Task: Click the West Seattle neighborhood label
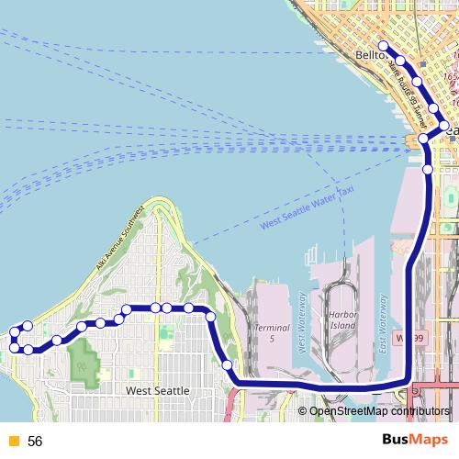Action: point(158,391)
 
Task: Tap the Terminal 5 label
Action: point(272,332)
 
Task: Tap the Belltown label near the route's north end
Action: point(368,56)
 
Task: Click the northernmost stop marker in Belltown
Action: point(384,45)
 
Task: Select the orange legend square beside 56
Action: point(14,441)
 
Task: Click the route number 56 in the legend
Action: point(36,441)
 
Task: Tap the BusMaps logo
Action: point(416,440)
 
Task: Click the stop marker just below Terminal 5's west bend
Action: point(227,365)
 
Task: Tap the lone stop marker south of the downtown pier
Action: point(428,169)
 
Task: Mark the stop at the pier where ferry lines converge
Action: point(423,139)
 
